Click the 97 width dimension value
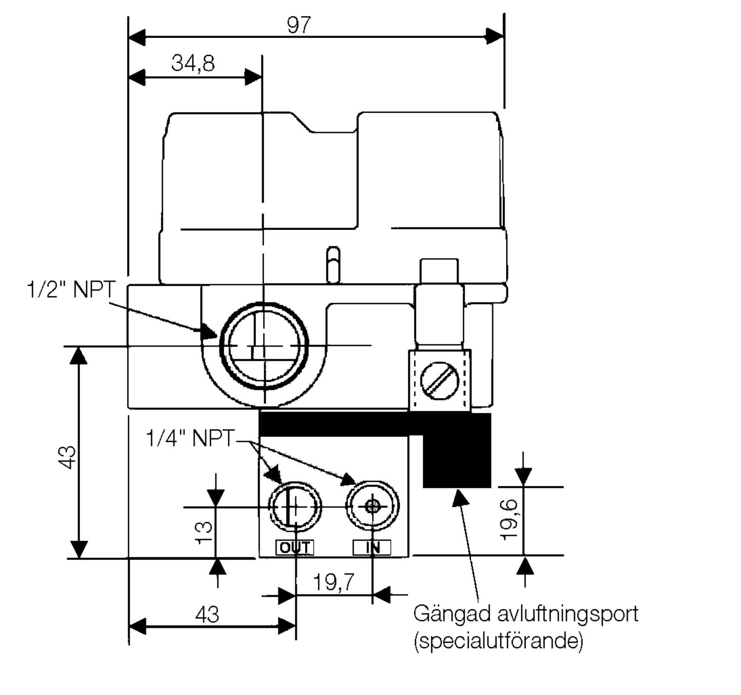pos(299,25)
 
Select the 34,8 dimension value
pos(193,63)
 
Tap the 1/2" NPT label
pos(71,289)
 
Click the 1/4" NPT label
pos(190,438)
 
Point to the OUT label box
pos(294,547)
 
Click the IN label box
pos(372,547)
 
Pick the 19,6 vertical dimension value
pos(509,520)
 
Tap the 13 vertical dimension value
pos(204,533)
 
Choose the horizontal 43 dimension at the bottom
pos(207,615)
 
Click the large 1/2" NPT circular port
pos(264,346)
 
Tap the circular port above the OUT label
pos(295,506)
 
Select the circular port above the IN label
pos(372,506)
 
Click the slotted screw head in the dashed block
pos(439,382)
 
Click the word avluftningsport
pos(568,614)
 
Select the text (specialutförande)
pos(498,641)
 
